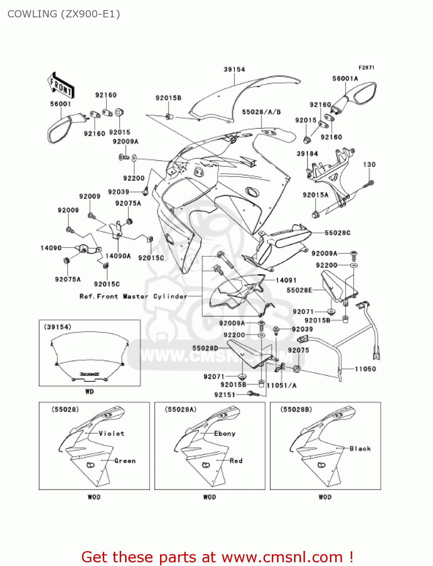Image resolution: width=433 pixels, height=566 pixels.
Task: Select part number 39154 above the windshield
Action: click(x=234, y=69)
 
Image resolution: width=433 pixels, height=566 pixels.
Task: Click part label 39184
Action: click(x=307, y=154)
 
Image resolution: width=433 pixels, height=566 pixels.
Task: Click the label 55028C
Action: click(x=337, y=233)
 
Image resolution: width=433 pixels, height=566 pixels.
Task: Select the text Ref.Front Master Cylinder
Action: click(x=133, y=297)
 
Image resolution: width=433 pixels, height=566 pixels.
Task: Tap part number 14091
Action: click(x=286, y=280)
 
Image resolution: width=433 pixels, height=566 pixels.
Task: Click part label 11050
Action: click(x=365, y=369)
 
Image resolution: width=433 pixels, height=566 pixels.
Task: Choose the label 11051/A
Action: click(x=281, y=385)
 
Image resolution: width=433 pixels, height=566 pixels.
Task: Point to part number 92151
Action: click(x=225, y=395)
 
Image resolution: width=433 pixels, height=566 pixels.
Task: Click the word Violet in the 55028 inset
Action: click(x=111, y=434)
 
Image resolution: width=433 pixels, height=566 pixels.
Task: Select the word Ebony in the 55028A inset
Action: click(x=225, y=434)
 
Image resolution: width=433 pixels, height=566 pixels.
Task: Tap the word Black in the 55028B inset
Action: click(x=360, y=449)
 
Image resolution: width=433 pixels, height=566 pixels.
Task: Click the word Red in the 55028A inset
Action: click(x=236, y=461)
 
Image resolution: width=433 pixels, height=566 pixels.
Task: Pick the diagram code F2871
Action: click(x=366, y=68)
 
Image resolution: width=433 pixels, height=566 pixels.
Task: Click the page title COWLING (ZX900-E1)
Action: click(x=63, y=14)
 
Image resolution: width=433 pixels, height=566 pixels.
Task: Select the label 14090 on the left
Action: click(x=51, y=248)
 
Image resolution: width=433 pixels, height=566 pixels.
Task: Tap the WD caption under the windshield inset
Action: click(x=89, y=392)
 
